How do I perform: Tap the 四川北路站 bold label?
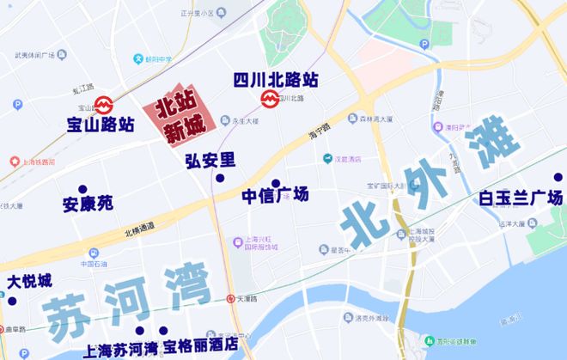276,80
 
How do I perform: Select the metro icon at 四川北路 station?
269,100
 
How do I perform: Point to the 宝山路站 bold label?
101,125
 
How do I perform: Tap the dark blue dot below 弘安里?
220,178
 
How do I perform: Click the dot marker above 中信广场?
276,182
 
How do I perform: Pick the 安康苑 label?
88,205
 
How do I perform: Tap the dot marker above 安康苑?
82,189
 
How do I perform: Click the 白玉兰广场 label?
521,199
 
